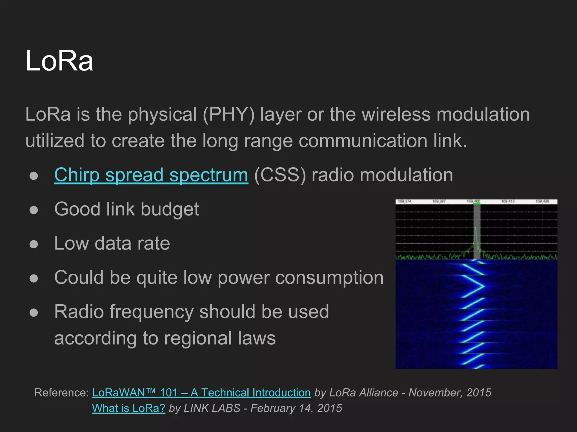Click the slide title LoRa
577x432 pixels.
click(x=59, y=60)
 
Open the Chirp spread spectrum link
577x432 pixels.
click(x=151, y=175)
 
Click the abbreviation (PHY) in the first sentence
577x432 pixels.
click(x=228, y=114)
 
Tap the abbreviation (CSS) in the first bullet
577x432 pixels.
click(x=280, y=175)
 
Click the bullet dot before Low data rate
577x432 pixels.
click(x=34, y=244)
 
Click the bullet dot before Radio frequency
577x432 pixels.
click(x=34, y=312)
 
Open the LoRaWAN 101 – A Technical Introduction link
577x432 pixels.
click(x=201, y=393)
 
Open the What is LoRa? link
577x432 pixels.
click(x=128, y=408)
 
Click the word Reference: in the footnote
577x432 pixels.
click(x=62, y=393)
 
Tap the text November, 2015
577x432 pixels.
click(x=450, y=393)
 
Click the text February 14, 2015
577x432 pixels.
click(x=296, y=408)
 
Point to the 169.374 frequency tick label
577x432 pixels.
click(x=405, y=201)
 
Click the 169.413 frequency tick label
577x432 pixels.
click(x=508, y=201)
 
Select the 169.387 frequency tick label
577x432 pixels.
click(x=439, y=201)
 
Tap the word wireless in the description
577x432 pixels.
click(x=396, y=114)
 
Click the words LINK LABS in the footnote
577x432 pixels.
click(x=212, y=408)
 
